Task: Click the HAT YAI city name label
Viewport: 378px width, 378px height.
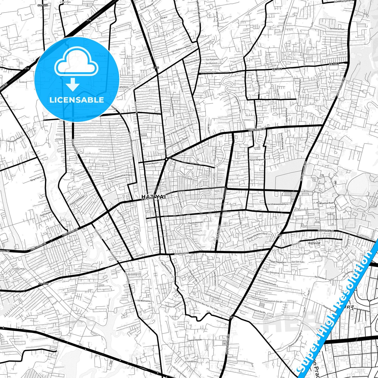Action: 154,197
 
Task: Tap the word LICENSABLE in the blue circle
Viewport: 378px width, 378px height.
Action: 77,100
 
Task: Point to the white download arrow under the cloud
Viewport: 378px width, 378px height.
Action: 73,84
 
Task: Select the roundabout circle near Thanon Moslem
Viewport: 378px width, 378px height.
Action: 166,159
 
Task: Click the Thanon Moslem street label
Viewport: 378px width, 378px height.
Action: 152,164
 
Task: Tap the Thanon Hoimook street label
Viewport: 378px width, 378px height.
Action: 195,223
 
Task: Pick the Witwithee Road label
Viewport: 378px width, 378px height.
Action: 326,203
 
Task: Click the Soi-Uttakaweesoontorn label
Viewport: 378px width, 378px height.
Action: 278,204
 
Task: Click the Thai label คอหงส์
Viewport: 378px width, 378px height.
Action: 314,243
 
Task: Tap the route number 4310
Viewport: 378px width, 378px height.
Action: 156,68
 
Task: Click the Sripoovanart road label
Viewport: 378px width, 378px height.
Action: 182,253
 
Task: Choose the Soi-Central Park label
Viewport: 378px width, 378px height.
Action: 337,29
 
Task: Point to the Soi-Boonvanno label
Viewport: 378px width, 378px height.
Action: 144,301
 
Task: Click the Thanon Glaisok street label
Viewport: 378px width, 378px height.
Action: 195,340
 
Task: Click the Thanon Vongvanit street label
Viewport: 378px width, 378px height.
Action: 256,160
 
